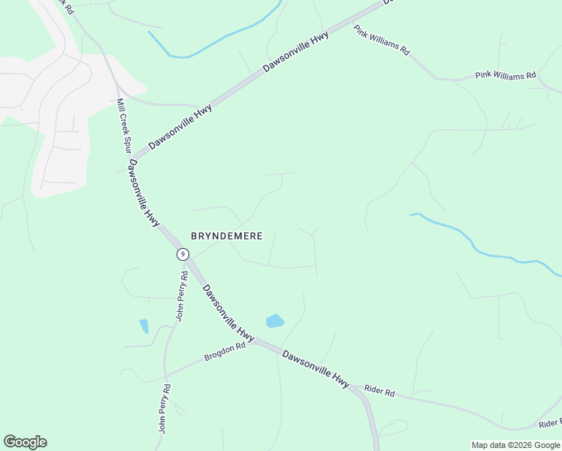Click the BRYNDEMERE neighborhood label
tap(226, 236)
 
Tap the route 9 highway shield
tap(183, 254)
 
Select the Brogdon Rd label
tap(225, 351)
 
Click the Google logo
tap(25, 442)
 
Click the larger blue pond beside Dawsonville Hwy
tap(275, 321)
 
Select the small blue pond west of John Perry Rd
tap(144, 326)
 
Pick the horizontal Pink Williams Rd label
tap(506, 76)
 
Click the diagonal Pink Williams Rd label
tap(382, 41)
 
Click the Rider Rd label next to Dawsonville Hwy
tap(379, 391)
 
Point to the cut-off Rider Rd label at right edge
tap(550, 422)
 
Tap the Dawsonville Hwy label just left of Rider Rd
tap(316, 369)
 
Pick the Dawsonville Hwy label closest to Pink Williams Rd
tap(296, 53)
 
